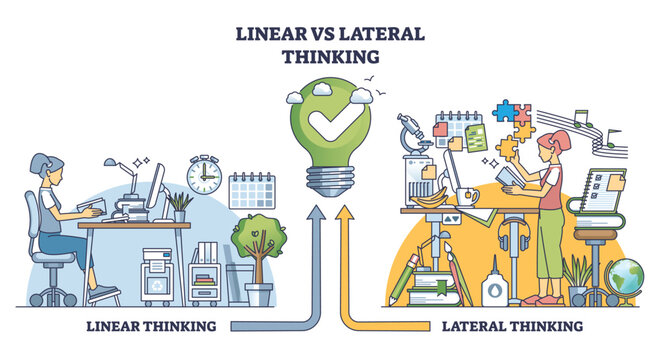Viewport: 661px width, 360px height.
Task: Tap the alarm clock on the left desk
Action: (203, 176)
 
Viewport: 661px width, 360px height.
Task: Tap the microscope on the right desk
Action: (415, 141)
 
